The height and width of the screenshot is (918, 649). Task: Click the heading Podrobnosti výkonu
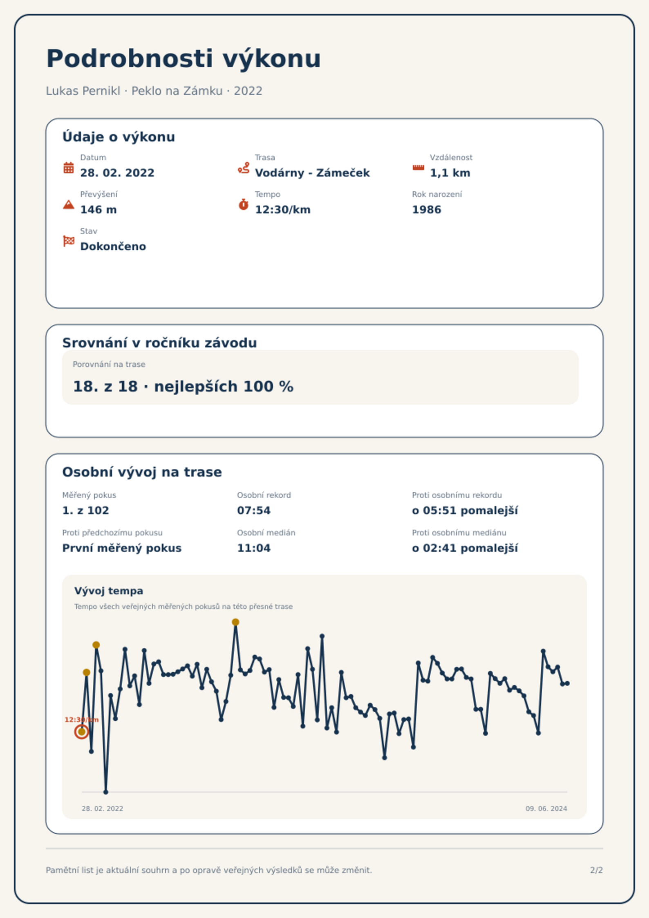[184, 59]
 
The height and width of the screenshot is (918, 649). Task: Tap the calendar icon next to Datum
[69, 168]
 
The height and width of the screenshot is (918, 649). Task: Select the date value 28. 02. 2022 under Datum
[117, 173]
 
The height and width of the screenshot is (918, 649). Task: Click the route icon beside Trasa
[244, 168]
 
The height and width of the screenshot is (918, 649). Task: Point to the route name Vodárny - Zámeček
[312, 173]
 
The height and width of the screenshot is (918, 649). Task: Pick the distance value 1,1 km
[450, 173]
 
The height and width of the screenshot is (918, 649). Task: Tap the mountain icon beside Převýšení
[69, 204]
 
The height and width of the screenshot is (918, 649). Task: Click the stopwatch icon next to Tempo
[244, 204]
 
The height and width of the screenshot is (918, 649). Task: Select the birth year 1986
[427, 210]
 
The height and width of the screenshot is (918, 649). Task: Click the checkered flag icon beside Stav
[69, 241]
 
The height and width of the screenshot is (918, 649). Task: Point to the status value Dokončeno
[113, 246]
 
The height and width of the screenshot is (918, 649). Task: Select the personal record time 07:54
[254, 510]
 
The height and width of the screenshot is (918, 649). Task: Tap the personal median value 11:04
[254, 548]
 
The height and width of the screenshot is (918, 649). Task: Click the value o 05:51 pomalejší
[465, 510]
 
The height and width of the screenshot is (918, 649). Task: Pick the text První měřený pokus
[122, 548]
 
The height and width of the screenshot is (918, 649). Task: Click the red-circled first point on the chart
[82, 732]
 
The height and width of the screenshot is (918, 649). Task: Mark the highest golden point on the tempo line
[235, 622]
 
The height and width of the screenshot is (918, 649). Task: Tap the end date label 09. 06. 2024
[546, 808]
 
